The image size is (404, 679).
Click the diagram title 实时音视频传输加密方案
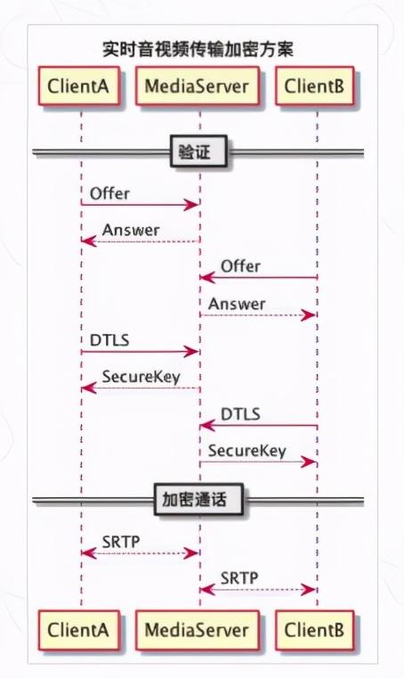pyautogui.click(x=198, y=49)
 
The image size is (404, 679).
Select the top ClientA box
pyautogui.click(x=78, y=86)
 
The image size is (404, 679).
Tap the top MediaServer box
pyautogui.click(x=198, y=86)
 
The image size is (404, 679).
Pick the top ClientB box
pyautogui.click(x=314, y=86)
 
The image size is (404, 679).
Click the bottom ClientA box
pyautogui.click(x=78, y=630)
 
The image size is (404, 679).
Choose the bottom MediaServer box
pyautogui.click(x=198, y=630)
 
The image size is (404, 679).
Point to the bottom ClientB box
pyautogui.click(x=314, y=630)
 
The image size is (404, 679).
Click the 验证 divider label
pyautogui.click(x=198, y=151)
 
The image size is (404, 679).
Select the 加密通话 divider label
pyautogui.click(x=198, y=499)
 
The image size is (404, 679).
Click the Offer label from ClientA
pyautogui.click(x=109, y=193)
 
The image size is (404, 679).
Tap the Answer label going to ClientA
pyautogui.click(x=131, y=230)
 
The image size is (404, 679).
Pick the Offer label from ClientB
pyautogui.click(x=240, y=266)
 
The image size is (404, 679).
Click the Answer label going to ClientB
pyautogui.click(x=237, y=304)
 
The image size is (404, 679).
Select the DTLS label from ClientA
pyautogui.click(x=109, y=340)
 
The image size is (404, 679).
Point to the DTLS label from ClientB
pyautogui.click(x=240, y=414)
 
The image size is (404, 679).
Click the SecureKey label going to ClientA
pyautogui.click(x=141, y=377)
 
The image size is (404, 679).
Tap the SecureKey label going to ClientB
pyautogui.click(x=247, y=451)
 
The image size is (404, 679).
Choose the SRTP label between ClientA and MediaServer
pyautogui.click(x=121, y=542)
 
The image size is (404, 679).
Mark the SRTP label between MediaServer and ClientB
pyautogui.click(x=239, y=578)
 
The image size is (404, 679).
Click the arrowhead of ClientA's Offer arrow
pyautogui.click(x=192, y=205)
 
